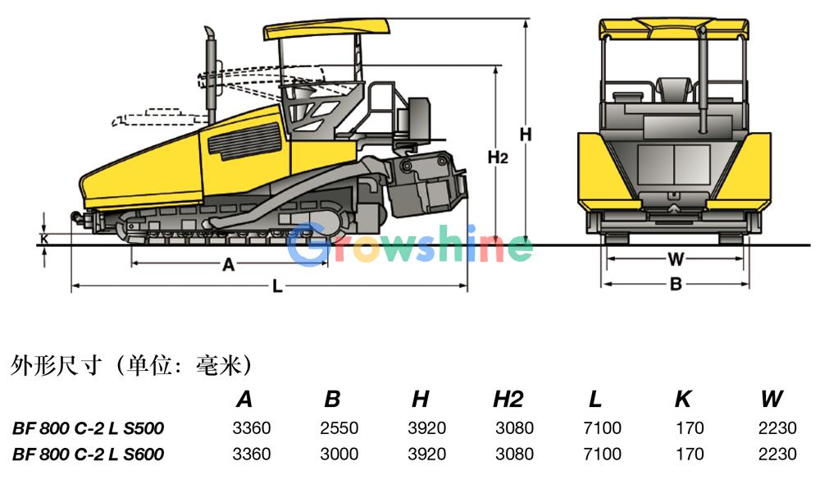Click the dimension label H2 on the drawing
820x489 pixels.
pyautogui.click(x=498, y=157)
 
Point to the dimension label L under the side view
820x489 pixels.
pyautogui.click(x=278, y=286)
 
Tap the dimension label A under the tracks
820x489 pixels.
pyautogui.click(x=229, y=265)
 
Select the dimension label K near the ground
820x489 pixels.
pyautogui.click(x=44, y=239)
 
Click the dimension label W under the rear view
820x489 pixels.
pyautogui.click(x=676, y=258)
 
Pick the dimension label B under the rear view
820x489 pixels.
pyautogui.click(x=676, y=284)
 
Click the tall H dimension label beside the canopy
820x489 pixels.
pyautogui.click(x=526, y=135)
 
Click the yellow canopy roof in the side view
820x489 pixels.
pyautogui.click(x=327, y=29)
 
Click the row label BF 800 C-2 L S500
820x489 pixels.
pyautogui.click(x=88, y=428)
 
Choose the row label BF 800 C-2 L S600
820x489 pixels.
pyautogui.click(x=88, y=454)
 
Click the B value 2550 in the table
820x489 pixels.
pyautogui.click(x=339, y=428)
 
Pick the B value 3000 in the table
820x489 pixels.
pyautogui.click(x=339, y=454)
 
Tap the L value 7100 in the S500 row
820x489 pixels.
pyautogui.click(x=602, y=428)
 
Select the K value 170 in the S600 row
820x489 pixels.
pyautogui.click(x=690, y=454)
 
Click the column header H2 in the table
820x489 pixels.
pyautogui.click(x=508, y=400)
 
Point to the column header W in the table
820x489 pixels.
pyautogui.click(x=772, y=400)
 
